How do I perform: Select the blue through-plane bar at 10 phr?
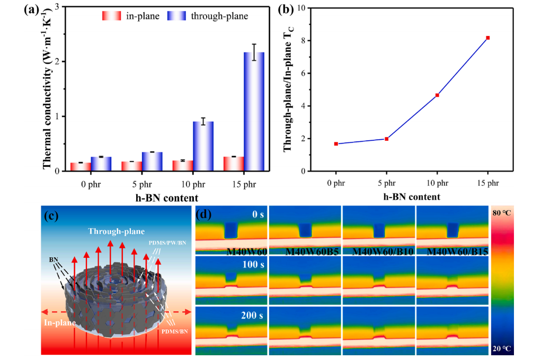(203, 146)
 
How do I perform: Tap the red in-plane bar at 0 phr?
(81, 167)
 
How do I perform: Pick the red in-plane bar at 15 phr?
(233, 164)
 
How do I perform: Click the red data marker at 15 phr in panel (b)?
(488, 38)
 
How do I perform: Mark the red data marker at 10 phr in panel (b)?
(437, 95)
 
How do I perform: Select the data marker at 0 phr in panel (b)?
(336, 144)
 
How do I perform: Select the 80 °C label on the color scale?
(503, 213)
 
